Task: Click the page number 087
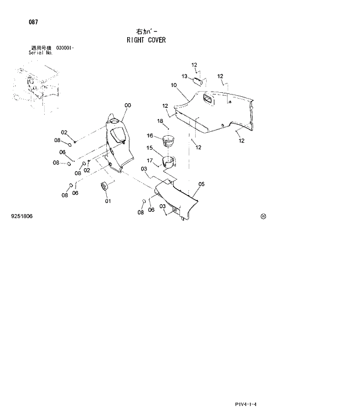(33, 22)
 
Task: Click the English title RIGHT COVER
(146, 40)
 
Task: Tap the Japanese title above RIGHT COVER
(146, 31)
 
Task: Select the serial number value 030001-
(65, 48)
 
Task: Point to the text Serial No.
(41, 52)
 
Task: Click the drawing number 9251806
(21, 216)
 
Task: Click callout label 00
(127, 105)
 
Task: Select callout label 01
(107, 201)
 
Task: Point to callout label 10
(174, 85)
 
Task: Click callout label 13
(184, 76)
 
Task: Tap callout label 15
(150, 148)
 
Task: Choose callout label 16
(149, 135)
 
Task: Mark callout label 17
(149, 161)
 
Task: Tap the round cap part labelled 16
(168, 140)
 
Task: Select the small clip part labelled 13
(197, 78)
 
